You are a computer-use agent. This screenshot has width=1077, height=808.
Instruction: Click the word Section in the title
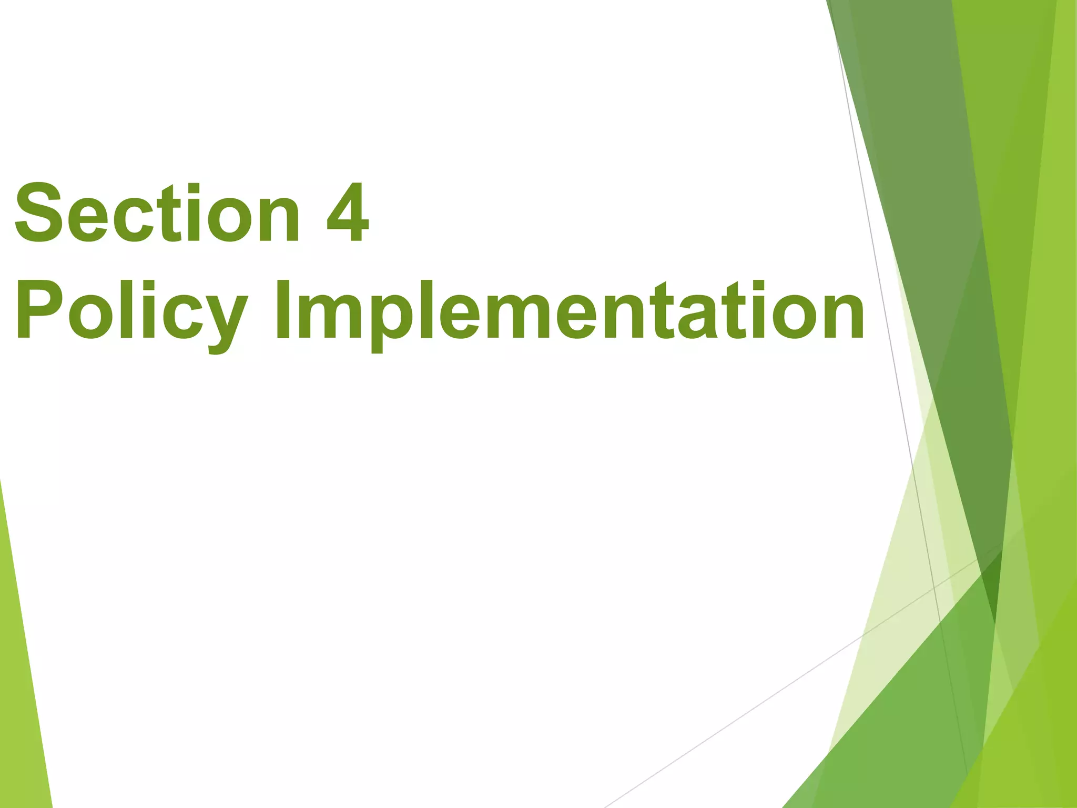[157, 213]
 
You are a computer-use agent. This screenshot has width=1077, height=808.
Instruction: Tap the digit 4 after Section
[347, 213]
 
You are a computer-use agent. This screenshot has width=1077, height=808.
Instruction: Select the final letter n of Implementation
[839, 316]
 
